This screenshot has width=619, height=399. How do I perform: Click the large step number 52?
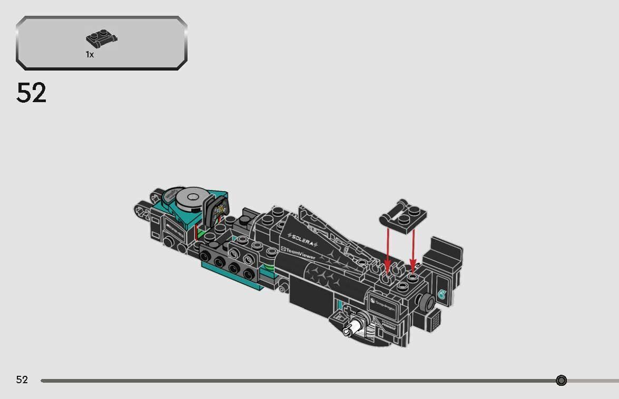click(x=32, y=93)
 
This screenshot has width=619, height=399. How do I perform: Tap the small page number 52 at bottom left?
click(x=22, y=380)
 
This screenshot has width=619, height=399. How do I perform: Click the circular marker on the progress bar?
click(x=561, y=381)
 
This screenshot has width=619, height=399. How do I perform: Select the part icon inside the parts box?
click(x=101, y=38)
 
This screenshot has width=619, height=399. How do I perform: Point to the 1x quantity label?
click(x=90, y=54)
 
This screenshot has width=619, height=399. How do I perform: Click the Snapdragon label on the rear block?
click(x=382, y=305)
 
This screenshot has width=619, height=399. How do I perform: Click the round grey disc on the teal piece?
click(x=188, y=199)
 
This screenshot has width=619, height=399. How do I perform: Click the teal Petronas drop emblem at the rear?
click(x=441, y=295)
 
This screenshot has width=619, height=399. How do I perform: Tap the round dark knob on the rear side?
click(x=425, y=302)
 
